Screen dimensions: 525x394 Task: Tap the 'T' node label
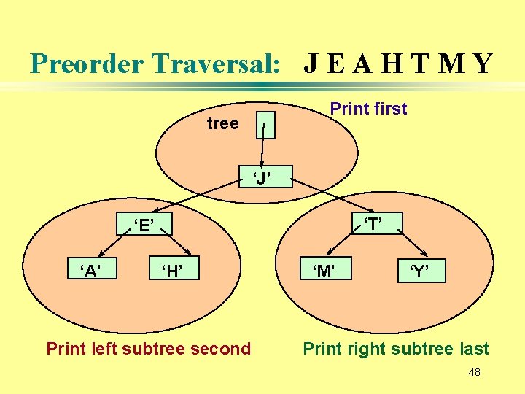coord(373,223)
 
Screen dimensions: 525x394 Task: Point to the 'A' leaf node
coord(90,271)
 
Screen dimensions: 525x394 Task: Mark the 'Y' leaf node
coord(418,272)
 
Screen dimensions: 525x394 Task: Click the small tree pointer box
coord(267,125)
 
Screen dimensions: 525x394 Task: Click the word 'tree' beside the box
coord(223,124)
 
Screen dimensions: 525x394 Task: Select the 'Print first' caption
coord(368,109)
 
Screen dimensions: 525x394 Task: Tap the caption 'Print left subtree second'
coord(149,349)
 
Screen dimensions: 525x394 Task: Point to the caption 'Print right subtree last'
coord(396,349)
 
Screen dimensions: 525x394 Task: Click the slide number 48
coord(474,373)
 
